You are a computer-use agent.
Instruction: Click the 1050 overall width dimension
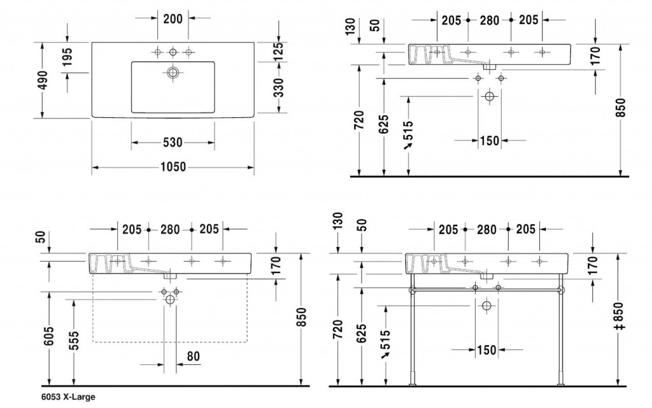tap(173, 167)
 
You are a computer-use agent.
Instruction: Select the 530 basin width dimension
tap(173, 143)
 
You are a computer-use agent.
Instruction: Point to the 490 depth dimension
tap(43, 80)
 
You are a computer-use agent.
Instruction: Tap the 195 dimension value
tap(67, 57)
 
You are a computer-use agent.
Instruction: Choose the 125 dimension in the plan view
tap(279, 51)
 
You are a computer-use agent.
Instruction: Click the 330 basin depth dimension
tap(279, 87)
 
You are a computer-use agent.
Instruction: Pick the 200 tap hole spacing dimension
tap(173, 18)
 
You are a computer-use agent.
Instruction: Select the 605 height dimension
tap(49, 335)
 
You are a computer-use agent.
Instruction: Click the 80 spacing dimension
tap(193, 356)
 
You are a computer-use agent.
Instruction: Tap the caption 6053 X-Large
tap(68, 397)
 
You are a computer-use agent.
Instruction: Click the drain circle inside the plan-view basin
tap(173, 73)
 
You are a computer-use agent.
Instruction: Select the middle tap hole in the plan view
tap(173, 52)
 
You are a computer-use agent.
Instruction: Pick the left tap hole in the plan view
tap(157, 52)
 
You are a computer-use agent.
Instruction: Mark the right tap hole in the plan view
tap(188, 52)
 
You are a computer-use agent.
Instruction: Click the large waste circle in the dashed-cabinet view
tap(169, 299)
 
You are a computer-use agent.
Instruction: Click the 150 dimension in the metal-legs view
tap(486, 350)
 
